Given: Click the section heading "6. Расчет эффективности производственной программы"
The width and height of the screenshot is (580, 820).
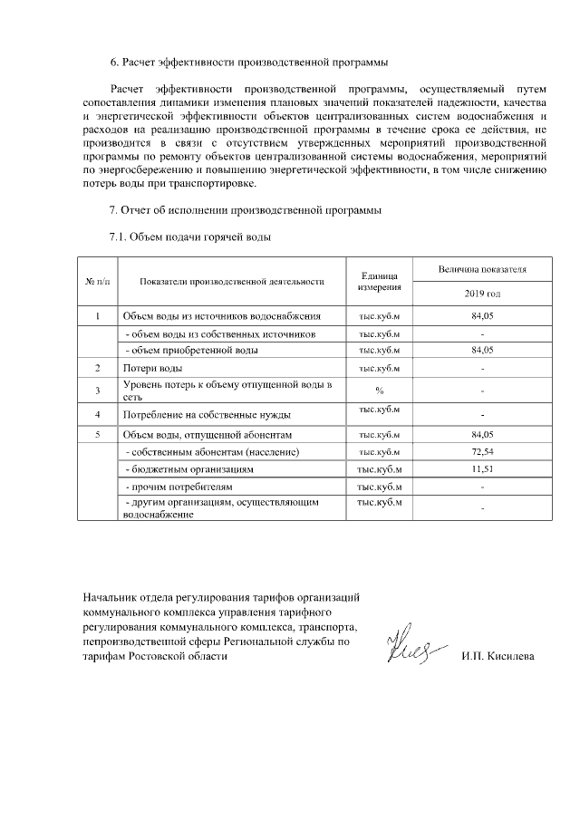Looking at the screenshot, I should click(248, 63).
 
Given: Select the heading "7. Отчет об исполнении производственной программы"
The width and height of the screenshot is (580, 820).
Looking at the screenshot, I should click(245, 211).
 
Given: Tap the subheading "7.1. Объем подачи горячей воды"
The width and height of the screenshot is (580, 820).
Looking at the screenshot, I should click(189, 237).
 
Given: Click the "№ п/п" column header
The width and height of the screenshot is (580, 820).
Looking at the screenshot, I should click(97, 282).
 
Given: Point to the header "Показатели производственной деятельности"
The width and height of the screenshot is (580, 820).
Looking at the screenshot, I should click(232, 282).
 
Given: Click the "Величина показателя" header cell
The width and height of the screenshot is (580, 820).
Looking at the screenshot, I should click(481, 270).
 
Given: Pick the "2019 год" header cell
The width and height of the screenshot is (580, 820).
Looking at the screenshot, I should click(481, 294).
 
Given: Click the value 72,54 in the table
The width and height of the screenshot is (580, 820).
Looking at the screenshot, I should click(481, 451).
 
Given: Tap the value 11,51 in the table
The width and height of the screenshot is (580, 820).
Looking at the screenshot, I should click(481, 469).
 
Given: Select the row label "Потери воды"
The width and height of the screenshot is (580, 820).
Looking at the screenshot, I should click(152, 369).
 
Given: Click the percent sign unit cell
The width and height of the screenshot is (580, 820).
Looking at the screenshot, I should click(380, 391).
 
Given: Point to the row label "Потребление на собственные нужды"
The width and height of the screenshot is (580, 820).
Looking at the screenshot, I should click(207, 415).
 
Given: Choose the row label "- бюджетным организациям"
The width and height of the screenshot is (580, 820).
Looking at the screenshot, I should click(188, 469).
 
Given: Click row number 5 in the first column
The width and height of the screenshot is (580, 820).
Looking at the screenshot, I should click(97, 434).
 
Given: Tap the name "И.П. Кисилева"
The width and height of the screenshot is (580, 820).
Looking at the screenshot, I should click(498, 655).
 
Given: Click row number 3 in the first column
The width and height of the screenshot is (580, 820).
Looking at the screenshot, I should click(97, 391).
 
